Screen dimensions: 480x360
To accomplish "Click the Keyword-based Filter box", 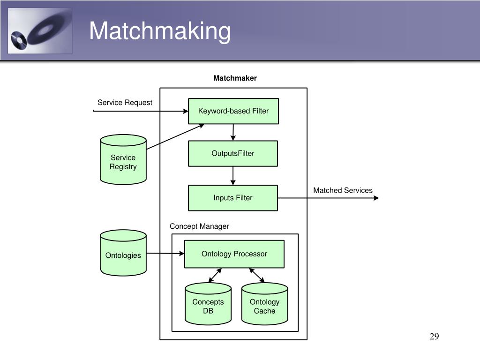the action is click(x=233, y=111).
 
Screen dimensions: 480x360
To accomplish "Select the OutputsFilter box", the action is click(x=233, y=153).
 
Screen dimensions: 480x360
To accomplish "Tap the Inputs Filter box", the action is click(x=233, y=198).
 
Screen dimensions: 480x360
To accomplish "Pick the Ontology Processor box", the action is click(x=234, y=254).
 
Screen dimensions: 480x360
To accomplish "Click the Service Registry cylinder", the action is click(x=123, y=159).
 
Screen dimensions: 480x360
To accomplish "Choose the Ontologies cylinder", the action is click(x=123, y=253).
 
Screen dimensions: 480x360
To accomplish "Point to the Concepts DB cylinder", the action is click(x=208, y=304).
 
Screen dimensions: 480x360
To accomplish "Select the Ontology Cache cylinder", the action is click(x=264, y=304).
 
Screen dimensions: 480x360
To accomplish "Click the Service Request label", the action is click(x=125, y=103).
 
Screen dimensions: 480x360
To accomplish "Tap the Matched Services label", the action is click(x=343, y=190).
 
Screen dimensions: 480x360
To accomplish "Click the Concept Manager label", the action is click(x=199, y=226).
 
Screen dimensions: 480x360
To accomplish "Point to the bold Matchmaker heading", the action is click(x=235, y=78).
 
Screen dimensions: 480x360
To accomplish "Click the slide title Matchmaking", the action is click(x=160, y=31).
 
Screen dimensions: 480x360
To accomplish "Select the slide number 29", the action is click(x=435, y=337).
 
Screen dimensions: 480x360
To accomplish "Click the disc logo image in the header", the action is click(x=40, y=31).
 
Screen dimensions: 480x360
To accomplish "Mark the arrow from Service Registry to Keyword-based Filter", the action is click(x=175, y=136).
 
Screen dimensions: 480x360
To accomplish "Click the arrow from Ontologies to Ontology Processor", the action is click(x=165, y=253).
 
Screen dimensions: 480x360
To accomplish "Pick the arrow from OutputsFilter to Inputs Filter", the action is click(x=233, y=176).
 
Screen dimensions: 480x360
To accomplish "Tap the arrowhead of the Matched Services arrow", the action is click(x=376, y=198).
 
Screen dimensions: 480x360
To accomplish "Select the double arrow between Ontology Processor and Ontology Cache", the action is click(x=257, y=275).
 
